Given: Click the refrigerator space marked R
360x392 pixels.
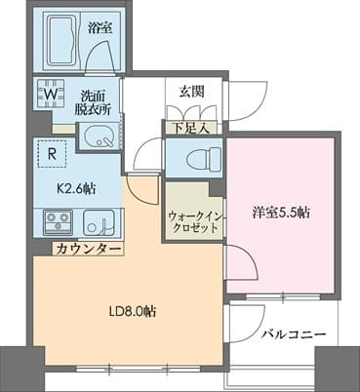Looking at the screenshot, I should tap(51, 152).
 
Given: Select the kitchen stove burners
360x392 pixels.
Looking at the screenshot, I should tap(55, 225).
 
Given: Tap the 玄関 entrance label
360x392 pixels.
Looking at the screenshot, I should tap(191, 94).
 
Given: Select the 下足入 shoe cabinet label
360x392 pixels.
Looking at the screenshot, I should tap(193, 127).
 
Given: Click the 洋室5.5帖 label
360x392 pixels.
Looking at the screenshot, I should tap(282, 212).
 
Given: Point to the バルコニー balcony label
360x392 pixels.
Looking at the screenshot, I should tap(294, 336).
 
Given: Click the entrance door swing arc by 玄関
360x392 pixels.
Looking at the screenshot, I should tap(247, 98).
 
